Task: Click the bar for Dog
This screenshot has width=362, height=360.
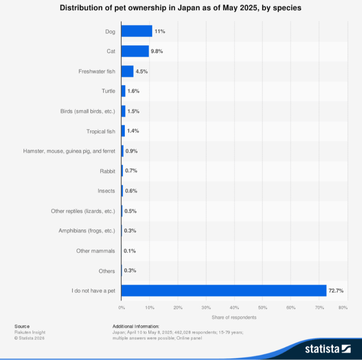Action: point(137,31)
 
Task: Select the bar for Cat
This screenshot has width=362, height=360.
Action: point(135,51)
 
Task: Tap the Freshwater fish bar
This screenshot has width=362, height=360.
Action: point(127,71)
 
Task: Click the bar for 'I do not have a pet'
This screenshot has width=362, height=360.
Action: point(224,290)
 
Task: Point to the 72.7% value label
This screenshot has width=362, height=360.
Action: point(336,290)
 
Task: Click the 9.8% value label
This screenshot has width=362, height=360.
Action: point(157,51)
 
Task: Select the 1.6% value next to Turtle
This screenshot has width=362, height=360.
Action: point(133,91)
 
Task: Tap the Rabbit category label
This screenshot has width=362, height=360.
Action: point(107,171)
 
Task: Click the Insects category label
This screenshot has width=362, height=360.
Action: point(106,191)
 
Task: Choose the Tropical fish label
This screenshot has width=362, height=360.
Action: point(100,131)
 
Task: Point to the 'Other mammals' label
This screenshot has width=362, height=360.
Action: point(95,251)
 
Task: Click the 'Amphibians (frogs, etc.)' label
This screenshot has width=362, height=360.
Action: point(86,231)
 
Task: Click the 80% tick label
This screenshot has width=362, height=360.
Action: point(343,308)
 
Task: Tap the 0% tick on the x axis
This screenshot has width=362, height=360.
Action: point(121,308)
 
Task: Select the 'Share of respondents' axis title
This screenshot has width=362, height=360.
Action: point(234,317)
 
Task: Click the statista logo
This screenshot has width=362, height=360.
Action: point(328,349)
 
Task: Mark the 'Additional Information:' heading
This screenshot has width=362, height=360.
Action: point(136,326)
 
